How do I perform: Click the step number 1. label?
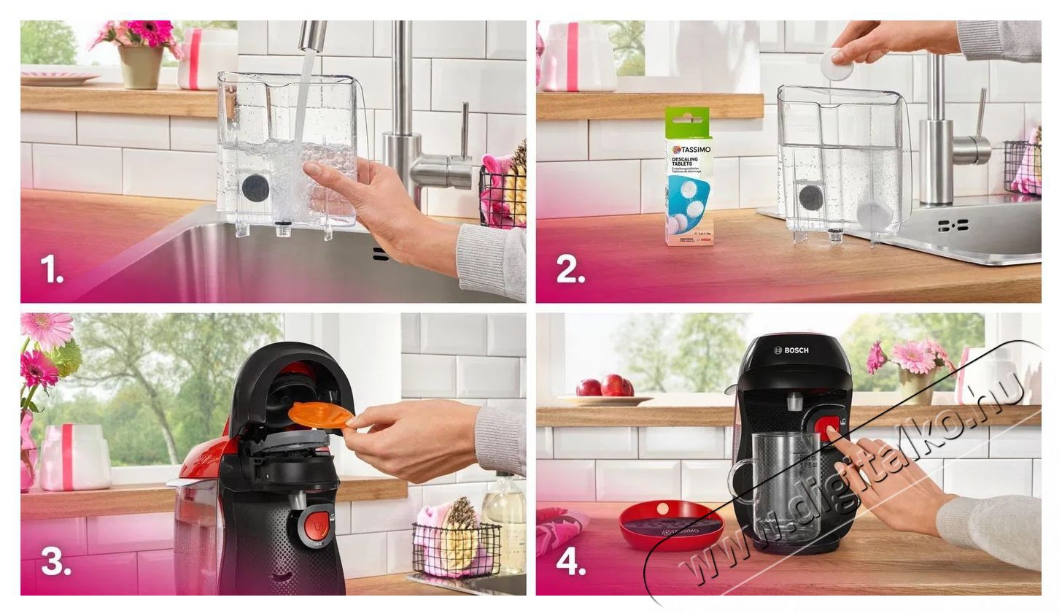(52, 271)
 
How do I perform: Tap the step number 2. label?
(570, 271)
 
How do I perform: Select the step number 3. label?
(55, 562)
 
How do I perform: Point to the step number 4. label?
(571, 562)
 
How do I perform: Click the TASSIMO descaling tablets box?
(689, 177)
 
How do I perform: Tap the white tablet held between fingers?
(837, 65)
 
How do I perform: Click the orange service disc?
(320, 414)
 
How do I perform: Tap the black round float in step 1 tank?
(255, 188)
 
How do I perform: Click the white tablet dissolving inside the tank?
(873, 215)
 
